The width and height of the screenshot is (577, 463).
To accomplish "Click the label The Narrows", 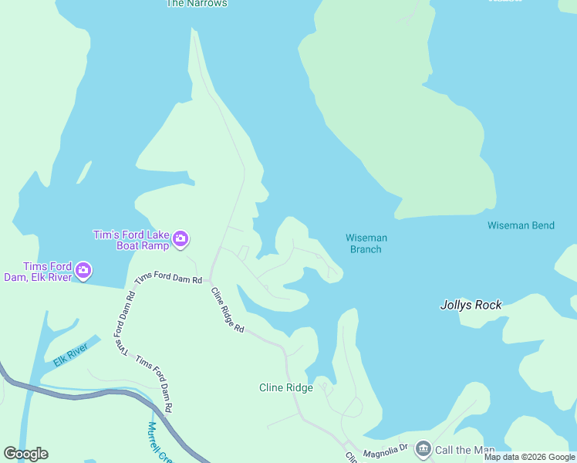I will (197, 3).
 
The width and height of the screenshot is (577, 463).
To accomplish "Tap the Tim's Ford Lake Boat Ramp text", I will (130, 240).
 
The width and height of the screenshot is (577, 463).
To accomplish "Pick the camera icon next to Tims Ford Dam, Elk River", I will (84, 271).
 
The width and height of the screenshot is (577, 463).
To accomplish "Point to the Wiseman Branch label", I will (366, 243).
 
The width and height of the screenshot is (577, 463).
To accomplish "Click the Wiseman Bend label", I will (521, 225).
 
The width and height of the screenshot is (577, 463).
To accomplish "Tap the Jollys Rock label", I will (471, 305).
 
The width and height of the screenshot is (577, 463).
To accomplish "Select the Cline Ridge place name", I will (286, 387).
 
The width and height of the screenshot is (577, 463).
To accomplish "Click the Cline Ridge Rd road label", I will (228, 309).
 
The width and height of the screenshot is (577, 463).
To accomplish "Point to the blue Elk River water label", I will (71, 353).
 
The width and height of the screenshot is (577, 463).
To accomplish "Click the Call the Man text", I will (465, 450).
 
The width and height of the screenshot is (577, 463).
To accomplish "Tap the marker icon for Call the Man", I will (423, 448).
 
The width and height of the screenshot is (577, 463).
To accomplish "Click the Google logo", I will (25, 454).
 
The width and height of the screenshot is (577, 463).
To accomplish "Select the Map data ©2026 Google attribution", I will (529, 457).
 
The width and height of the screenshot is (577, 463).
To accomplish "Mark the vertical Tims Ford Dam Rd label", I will (123, 324).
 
